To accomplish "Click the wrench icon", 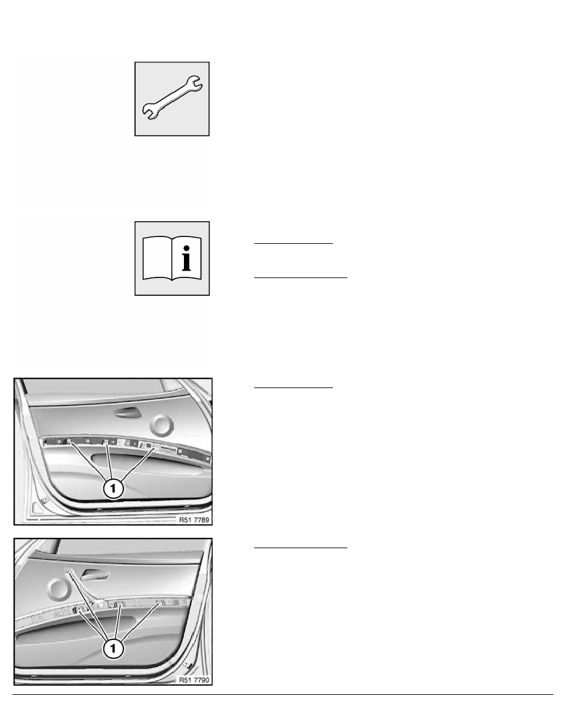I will pos(172,98).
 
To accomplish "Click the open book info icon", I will pos(172,258).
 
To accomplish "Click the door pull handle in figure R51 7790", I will pos(94,574).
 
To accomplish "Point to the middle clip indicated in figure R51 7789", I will pos(108,442).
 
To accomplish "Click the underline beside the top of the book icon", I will pos(293,243).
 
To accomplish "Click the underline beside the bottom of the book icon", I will pos(300,277).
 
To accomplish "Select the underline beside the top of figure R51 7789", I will pos(293,387).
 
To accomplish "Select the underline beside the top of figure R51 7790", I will pos(300,548).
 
